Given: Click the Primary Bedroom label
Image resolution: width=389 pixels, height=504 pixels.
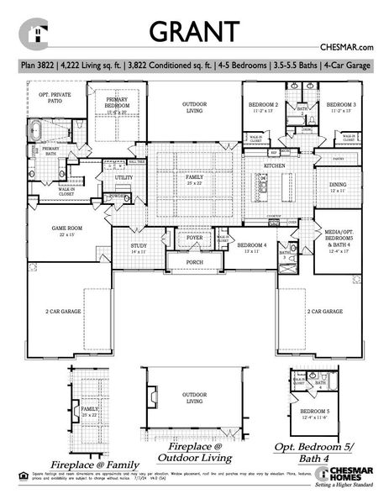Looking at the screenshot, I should coord(116,102).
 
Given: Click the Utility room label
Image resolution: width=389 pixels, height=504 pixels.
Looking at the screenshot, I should coord(124,178).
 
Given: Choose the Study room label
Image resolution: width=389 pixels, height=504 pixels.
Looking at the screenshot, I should coord(139,248).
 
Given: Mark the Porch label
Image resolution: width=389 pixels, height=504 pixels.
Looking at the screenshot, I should coord(194,261).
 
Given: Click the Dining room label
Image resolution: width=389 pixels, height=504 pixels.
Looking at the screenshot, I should coord(338,186).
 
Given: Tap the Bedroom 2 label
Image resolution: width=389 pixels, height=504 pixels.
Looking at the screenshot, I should coord(265,106).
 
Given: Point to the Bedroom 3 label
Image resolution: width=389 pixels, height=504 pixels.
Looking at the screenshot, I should coord(341,106).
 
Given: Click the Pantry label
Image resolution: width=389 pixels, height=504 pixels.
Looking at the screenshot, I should coord(338,158).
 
